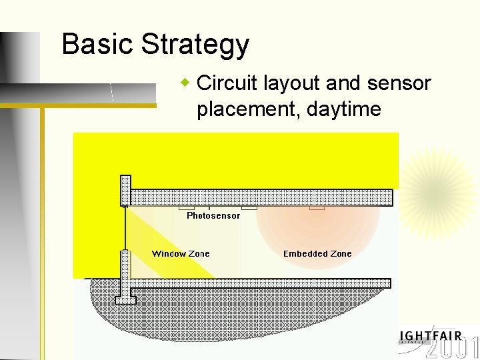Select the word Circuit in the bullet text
tap(227, 83)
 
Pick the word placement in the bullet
tap(248, 109)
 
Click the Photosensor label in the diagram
tap(213, 216)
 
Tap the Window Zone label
tap(181, 253)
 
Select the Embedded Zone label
tap(317, 253)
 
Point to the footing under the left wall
tap(125, 299)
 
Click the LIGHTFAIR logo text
tap(431, 335)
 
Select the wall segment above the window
tap(125, 190)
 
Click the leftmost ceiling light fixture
tap(187, 208)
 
